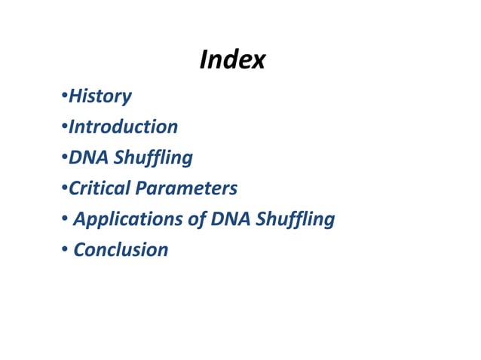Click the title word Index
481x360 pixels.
[x=232, y=59]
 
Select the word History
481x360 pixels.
[x=100, y=96]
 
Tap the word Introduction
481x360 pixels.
[x=123, y=127]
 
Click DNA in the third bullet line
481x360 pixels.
[x=85, y=157]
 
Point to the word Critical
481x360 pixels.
[x=99, y=188]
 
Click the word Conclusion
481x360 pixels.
[x=121, y=249]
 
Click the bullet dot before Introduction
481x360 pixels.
[x=64, y=127]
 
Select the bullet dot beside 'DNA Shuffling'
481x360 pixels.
[x=64, y=158]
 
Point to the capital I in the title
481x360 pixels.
[x=204, y=59]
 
